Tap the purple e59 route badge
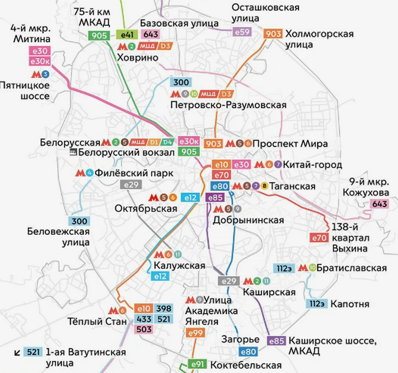[x=242, y=32]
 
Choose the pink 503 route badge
[x=144, y=329]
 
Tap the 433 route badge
[x=144, y=319]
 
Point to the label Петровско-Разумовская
[x=228, y=105]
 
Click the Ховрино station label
[x=137, y=58]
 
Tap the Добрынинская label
[x=248, y=220]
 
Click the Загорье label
[x=241, y=340]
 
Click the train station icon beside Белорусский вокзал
[x=73, y=152]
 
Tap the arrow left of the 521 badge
[x=18, y=352]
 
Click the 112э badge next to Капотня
[x=317, y=304]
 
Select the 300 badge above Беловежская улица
[x=79, y=221]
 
